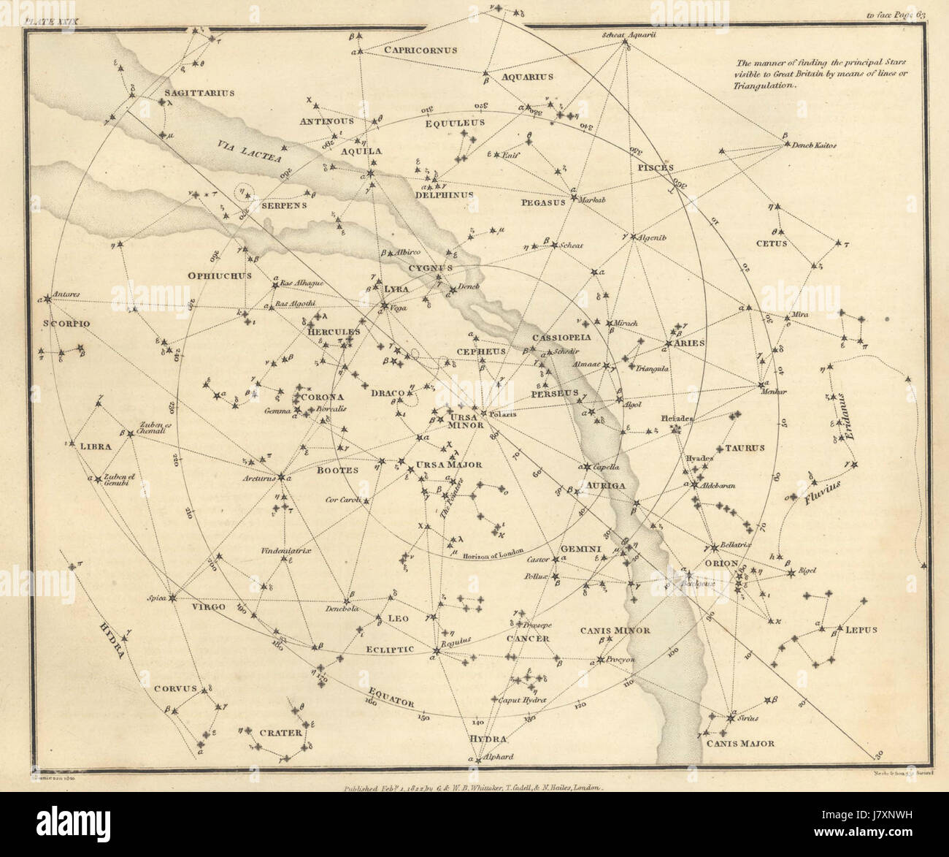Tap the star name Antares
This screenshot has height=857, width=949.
66,294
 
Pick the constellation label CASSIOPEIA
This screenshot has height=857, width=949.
561,338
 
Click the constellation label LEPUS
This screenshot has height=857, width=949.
861,629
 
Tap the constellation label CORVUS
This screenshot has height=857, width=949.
176,688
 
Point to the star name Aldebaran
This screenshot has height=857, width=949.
718,485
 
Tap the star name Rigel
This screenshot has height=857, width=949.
807,571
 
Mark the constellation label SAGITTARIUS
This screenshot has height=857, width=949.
188,94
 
